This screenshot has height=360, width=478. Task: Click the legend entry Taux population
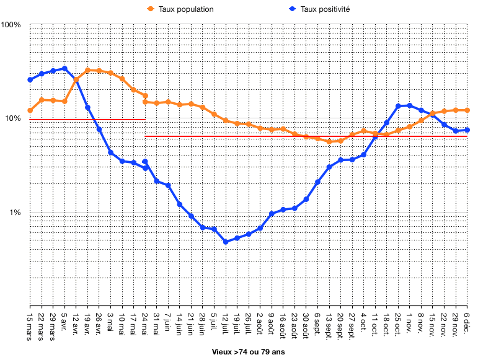coord(186,9)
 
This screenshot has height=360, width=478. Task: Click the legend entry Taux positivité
coord(325,9)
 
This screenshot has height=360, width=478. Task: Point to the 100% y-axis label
coord(12,25)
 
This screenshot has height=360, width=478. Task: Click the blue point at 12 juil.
coord(226,242)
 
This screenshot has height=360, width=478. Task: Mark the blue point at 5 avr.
coord(64,68)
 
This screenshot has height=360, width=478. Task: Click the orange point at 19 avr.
coord(87,70)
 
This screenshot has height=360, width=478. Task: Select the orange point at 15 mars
coord(30,110)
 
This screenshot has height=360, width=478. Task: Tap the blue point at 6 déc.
coord(467,130)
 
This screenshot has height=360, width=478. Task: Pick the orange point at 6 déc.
coord(467,110)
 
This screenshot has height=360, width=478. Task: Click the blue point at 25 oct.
coord(398,106)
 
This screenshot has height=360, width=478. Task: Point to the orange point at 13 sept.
coord(329,141)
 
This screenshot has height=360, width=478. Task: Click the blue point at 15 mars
coord(30,79)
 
